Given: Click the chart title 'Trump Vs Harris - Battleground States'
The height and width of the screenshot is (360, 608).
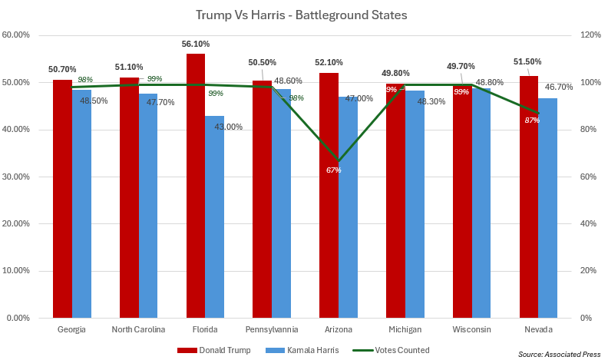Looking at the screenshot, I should (x=301, y=14).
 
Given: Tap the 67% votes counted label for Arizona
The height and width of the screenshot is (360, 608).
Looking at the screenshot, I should (x=333, y=170).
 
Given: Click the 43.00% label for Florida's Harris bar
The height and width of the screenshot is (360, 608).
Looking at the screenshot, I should (x=228, y=127).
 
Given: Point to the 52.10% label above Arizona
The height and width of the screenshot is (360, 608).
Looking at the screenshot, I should (x=329, y=62).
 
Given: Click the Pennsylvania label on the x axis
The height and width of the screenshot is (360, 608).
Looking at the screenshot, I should (x=272, y=330).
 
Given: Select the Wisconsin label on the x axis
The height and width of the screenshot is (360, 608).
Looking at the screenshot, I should (x=471, y=330).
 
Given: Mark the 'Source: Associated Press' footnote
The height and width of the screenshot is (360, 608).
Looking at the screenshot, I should (x=557, y=354).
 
